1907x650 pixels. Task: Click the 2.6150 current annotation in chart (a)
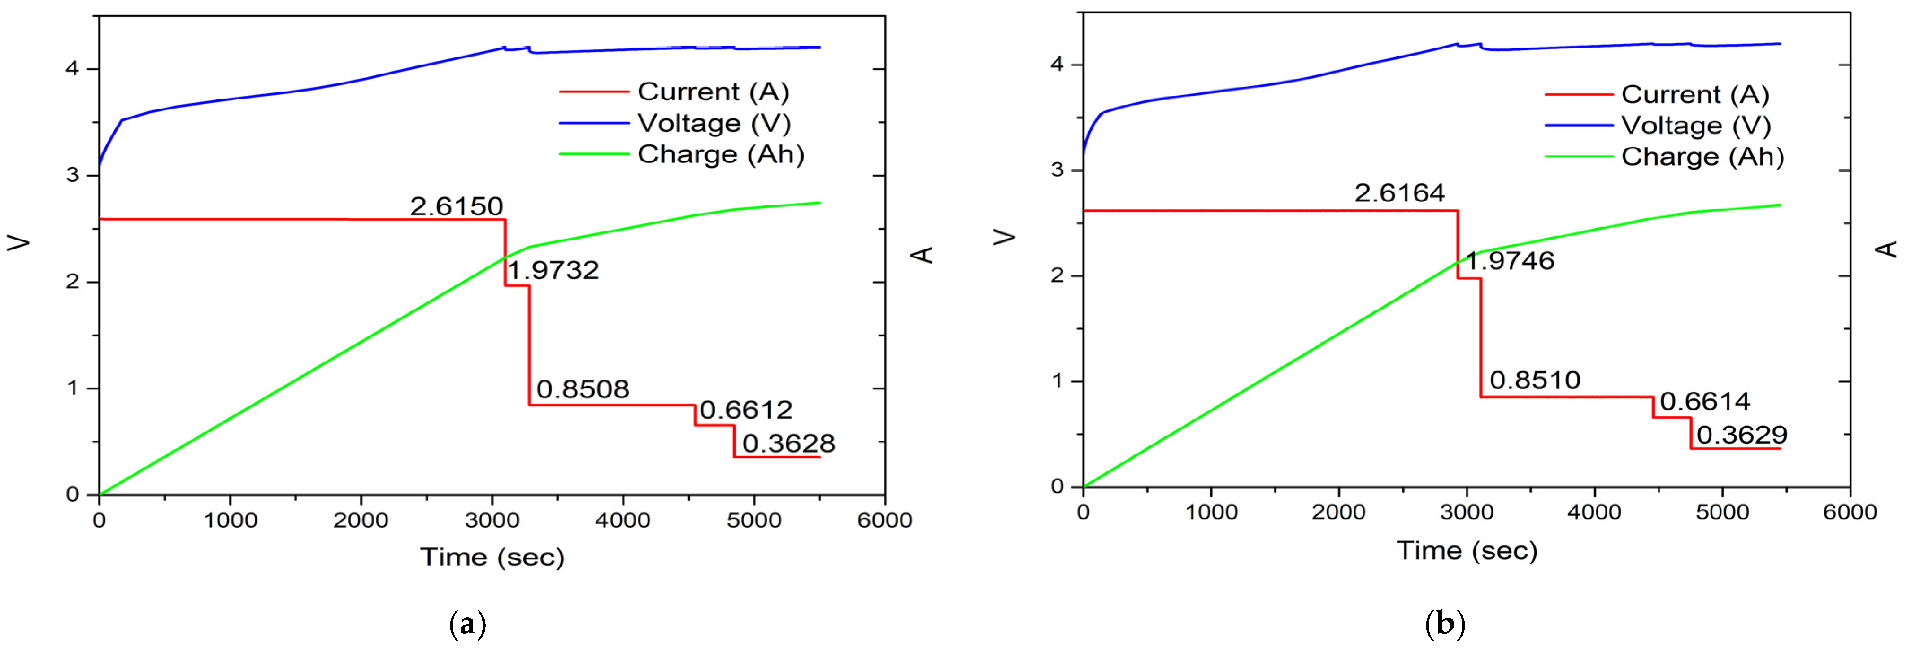coord(456,206)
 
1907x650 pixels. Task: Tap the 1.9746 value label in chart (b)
coord(1510,261)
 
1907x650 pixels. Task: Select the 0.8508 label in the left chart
coord(583,389)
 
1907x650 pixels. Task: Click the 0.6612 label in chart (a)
coord(745,410)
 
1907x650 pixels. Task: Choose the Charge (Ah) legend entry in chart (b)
coord(1702,157)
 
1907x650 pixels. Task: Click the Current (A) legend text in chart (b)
coord(1694,95)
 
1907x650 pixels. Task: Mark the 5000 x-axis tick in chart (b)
coord(1722,512)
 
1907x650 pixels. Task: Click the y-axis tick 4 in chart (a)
coord(73,69)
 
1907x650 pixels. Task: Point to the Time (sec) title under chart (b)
coord(1467,550)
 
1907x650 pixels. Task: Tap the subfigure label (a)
coord(468,624)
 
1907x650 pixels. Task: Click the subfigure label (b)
coord(1444,624)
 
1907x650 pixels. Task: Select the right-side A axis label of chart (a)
coord(923,255)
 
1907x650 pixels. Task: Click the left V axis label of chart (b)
coord(1005,237)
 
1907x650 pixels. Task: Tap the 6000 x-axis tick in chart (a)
coord(884,520)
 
